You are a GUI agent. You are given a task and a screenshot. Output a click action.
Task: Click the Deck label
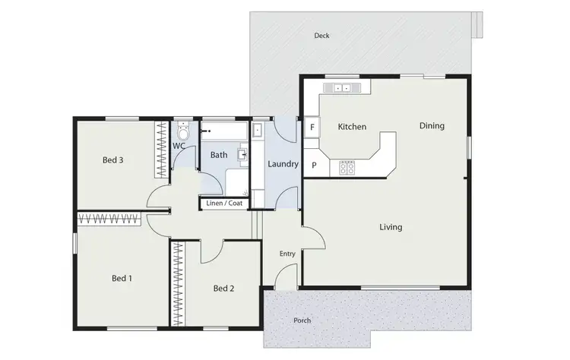point(321,36)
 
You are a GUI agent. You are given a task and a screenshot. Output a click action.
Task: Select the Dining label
point(432,126)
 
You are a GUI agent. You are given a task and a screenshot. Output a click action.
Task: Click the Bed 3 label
point(113,159)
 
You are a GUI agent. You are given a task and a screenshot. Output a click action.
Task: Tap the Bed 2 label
point(223,288)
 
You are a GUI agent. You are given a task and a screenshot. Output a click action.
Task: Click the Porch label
point(302,321)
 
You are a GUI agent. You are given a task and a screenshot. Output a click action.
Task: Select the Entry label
point(287,254)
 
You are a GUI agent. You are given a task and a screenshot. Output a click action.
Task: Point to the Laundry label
point(281,163)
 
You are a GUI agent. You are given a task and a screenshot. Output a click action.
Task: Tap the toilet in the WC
point(182,131)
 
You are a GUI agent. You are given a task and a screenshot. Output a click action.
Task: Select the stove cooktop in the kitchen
point(347,168)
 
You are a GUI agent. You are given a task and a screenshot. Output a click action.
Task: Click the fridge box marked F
point(312,128)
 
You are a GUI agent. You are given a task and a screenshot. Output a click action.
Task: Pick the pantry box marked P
point(314,166)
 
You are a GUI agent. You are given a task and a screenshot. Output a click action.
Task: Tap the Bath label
point(219,155)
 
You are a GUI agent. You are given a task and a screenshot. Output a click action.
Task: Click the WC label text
point(179,145)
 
